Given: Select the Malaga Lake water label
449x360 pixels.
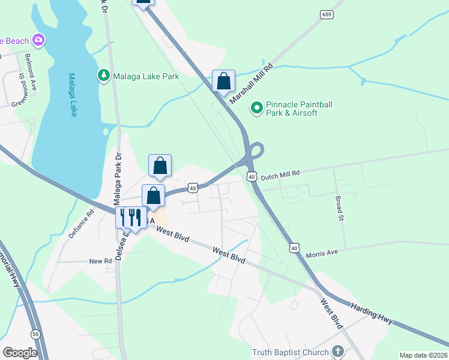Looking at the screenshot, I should (72, 95).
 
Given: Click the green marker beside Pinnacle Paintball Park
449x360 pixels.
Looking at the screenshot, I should (257, 108).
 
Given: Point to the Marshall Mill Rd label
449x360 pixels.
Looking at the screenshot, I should (253, 82).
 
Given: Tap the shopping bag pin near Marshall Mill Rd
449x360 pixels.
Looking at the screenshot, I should (223, 82).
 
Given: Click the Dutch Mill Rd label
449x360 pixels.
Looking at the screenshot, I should (279, 173).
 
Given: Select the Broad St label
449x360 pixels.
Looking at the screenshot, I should (339, 207).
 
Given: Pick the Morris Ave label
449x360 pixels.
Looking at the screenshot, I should (324, 253).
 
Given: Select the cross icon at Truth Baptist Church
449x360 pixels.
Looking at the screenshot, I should (338, 352).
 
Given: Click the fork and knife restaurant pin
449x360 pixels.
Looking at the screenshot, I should (131, 217).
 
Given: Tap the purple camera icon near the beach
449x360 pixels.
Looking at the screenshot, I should (39, 40).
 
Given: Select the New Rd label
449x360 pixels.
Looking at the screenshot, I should (100, 262).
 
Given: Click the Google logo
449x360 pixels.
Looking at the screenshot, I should (20, 353).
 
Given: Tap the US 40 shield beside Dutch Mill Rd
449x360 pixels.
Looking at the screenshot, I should (252, 177).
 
